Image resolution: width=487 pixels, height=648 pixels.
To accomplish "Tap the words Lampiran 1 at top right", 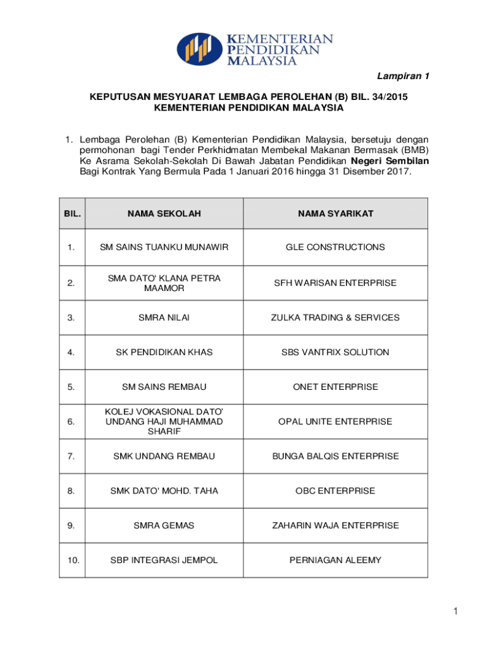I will click(x=403, y=77).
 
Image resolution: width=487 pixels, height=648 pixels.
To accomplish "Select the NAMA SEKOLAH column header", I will click(x=164, y=214).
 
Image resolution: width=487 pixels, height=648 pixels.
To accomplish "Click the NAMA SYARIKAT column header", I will click(x=335, y=214).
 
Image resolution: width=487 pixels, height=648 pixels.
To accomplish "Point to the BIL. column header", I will click(x=72, y=214).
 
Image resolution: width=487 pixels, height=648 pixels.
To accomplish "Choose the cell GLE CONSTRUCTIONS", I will click(x=335, y=247).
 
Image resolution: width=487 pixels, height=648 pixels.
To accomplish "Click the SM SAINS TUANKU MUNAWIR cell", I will click(x=164, y=247).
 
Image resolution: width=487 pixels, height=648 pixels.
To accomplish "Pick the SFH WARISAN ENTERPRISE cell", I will click(x=335, y=283).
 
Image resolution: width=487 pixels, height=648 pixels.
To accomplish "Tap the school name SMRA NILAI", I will click(x=164, y=318).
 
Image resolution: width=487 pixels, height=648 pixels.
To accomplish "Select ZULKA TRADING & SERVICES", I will click(x=335, y=318).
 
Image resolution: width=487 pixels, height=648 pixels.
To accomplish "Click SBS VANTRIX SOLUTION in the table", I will click(x=335, y=352).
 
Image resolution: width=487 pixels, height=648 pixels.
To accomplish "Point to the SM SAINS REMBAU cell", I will click(x=164, y=387).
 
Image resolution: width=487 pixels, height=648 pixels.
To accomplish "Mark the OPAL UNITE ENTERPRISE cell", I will click(x=335, y=421).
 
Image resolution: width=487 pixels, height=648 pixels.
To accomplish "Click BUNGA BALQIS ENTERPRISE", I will click(x=335, y=456).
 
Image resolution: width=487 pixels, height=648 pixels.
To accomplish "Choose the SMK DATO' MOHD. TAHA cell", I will click(x=164, y=491).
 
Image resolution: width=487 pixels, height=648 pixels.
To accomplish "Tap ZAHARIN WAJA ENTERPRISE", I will click(x=335, y=525).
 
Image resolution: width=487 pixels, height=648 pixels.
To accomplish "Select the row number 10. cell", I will click(x=72, y=560).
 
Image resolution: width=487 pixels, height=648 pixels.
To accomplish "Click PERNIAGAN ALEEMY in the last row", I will click(x=335, y=560).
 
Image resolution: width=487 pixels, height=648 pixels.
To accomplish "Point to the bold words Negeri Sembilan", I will click(x=390, y=161).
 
